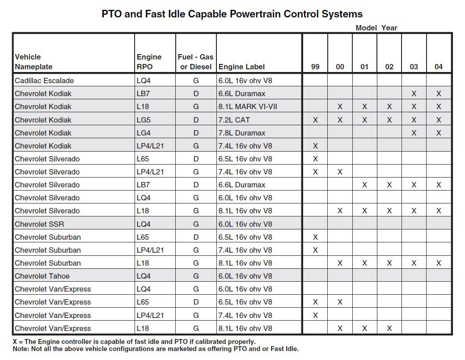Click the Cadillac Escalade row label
pyautogui.click(x=44, y=80)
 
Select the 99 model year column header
pyautogui.click(x=315, y=67)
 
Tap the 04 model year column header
pyautogui.click(x=439, y=67)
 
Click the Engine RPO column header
pyautogui.click(x=149, y=62)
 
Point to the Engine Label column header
pyautogui.click(x=241, y=67)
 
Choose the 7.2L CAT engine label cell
pyautogui.click(x=234, y=120)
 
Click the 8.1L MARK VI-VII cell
pyautogui.click(x=248, y=106)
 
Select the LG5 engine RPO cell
pyautogui.click(x=144, y=120)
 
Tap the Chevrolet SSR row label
pyautogui.click(x=39, y=224)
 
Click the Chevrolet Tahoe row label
pyautogui.click(x=42, y=276)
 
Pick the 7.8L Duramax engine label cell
pyautogui.click(x=242, y=133)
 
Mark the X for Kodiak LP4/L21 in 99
pyautogui.click(x=315, y=146)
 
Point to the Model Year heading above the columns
pyautogui.click(x=376, y=28)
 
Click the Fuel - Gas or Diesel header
pyautogui.click(x=196, y=62)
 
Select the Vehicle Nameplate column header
pyautogui.click(x=34, y=62)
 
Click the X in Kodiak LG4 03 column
pyautogui.click(x=414, y=133)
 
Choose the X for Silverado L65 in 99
pyautogui.click(x=315, y=159)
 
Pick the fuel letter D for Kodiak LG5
pyautogui.click(x=196, y=120)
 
